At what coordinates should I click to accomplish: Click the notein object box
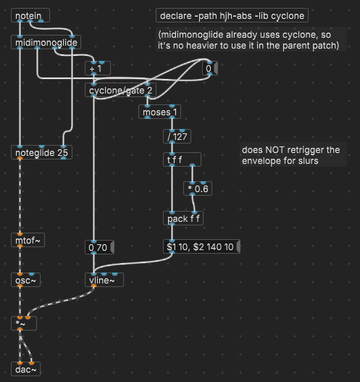pos(30,15)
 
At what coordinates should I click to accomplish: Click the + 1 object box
pos(95,69)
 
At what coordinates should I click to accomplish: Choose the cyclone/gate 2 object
pos(120,91)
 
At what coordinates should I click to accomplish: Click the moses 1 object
pos(159,112)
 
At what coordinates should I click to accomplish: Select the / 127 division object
pos(178,136)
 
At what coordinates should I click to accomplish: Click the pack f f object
pos(183,217)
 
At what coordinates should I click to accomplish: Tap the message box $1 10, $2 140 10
pos(201,247)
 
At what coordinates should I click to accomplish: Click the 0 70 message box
pos(98,247)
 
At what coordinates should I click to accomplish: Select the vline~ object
pos(104,280)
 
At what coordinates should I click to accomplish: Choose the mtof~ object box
pos(29,239)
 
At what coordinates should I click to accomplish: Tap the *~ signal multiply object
pos(22,323)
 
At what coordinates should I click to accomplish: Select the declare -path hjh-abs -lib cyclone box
pos(233,15)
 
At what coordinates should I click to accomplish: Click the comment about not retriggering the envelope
pos(290,155)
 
